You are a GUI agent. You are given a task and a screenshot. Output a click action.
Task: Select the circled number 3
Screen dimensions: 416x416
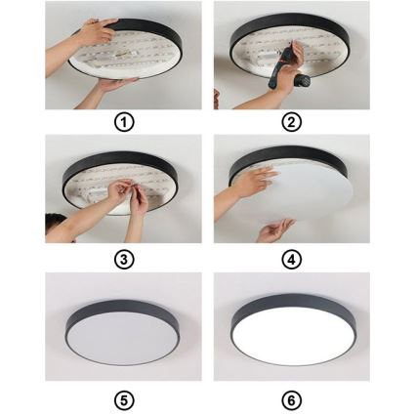tap(124, 260)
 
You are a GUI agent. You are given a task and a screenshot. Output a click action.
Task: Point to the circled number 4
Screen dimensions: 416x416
tap(291, 260)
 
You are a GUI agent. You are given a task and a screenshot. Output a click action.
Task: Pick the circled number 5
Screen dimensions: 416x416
tap(124, 398)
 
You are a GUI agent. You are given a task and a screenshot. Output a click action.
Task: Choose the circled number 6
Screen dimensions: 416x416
tap(291, 398)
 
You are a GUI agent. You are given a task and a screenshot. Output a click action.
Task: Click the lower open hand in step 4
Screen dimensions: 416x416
tap(276, 229)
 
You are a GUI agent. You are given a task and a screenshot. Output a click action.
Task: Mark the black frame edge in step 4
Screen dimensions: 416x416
tap(293, 156)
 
